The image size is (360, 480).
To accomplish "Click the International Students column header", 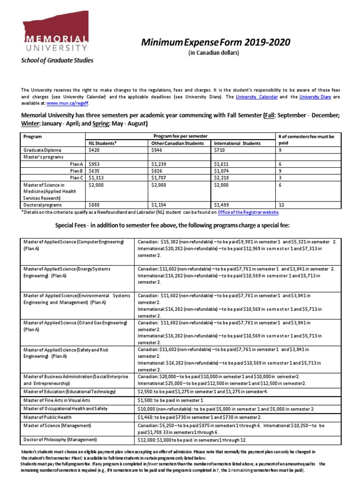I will coord(237,143).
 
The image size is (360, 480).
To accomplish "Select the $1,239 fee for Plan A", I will coord(160,165).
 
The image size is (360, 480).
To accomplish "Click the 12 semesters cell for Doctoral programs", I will coord(282,205).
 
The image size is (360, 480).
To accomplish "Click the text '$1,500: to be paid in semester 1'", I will coord(170,400).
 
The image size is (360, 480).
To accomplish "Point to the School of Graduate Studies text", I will coord(56,60).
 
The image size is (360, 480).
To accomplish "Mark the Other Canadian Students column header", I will coord(177,143).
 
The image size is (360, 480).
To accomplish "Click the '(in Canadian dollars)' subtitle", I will coord(214,53).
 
